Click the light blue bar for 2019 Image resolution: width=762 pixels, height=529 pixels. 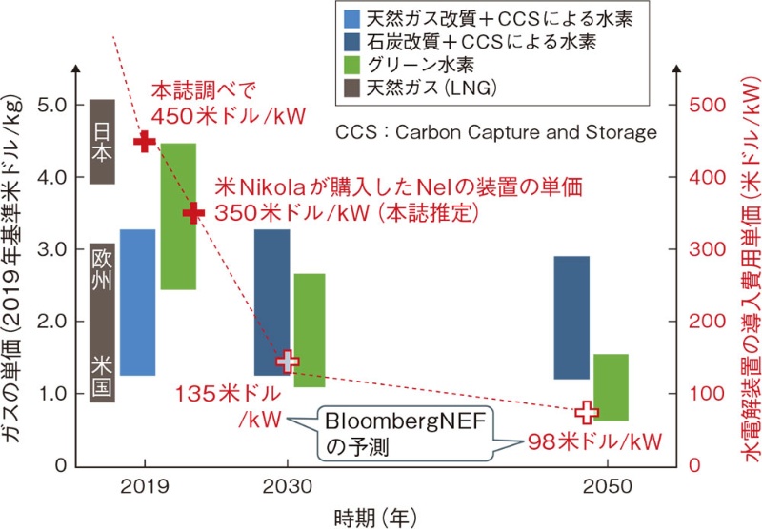(137, 303)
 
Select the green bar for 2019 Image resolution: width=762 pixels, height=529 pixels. (178, 216)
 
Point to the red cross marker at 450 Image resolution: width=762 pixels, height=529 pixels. (144, 142)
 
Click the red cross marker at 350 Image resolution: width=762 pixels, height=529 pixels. (194, 212)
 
